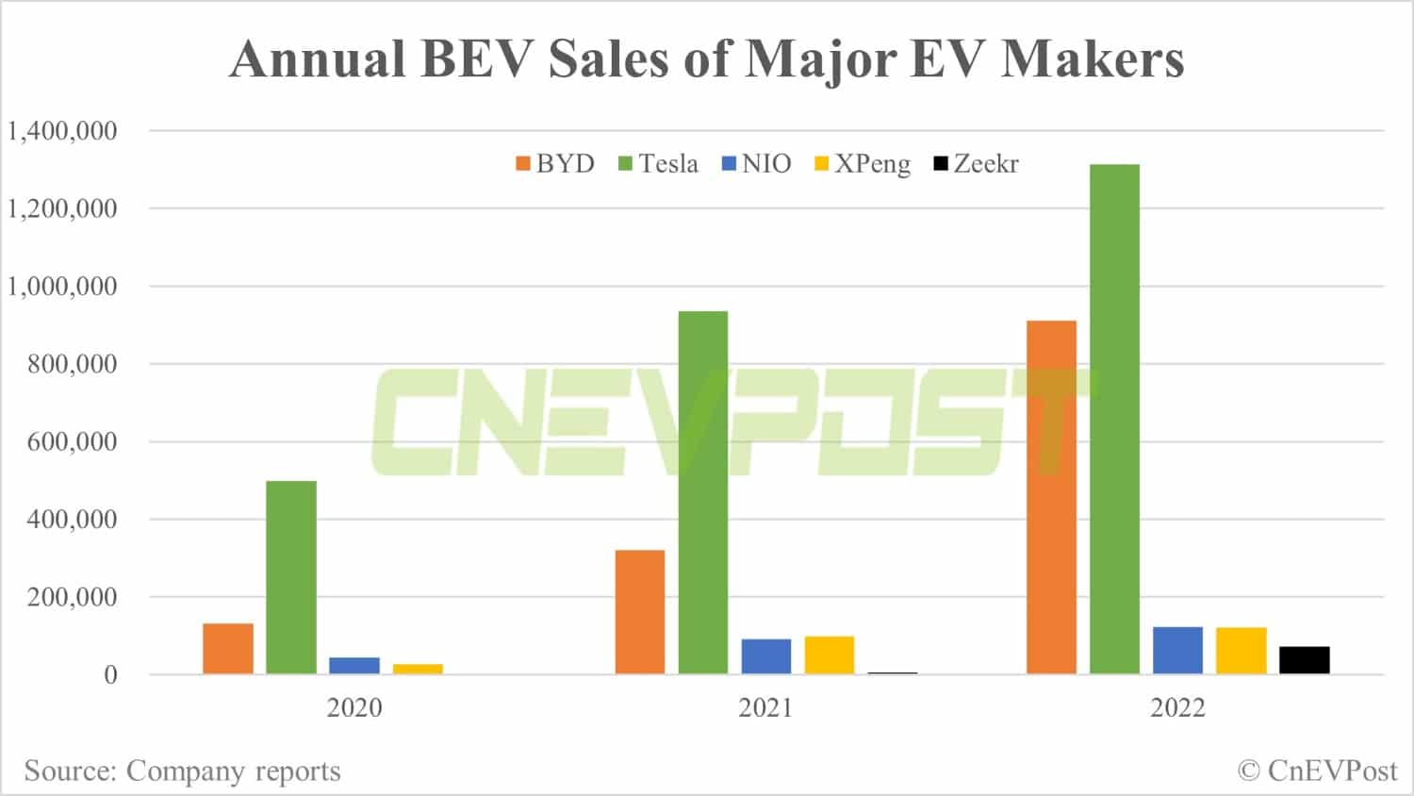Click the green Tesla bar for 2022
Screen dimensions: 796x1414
1114,419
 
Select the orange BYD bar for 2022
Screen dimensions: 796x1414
1051,497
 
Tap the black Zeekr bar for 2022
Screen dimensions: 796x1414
1304,659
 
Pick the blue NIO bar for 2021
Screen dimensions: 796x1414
765,656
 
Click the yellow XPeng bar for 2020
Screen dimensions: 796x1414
418,669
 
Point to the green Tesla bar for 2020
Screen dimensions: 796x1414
291,577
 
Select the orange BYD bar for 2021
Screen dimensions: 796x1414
639,611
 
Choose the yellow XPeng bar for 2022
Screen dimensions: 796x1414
1241,650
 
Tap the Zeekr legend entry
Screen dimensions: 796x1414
976,164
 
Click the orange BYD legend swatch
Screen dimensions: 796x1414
523,164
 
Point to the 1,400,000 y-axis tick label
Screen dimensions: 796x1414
62,130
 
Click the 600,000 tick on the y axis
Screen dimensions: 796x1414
72,441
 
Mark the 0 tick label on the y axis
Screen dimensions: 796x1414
110,674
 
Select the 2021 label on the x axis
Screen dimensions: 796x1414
765,707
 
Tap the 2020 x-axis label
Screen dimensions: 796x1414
354,707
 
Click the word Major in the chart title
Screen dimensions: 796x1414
819,58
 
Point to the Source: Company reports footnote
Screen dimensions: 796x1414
182,771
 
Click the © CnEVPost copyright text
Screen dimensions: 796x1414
1317,771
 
